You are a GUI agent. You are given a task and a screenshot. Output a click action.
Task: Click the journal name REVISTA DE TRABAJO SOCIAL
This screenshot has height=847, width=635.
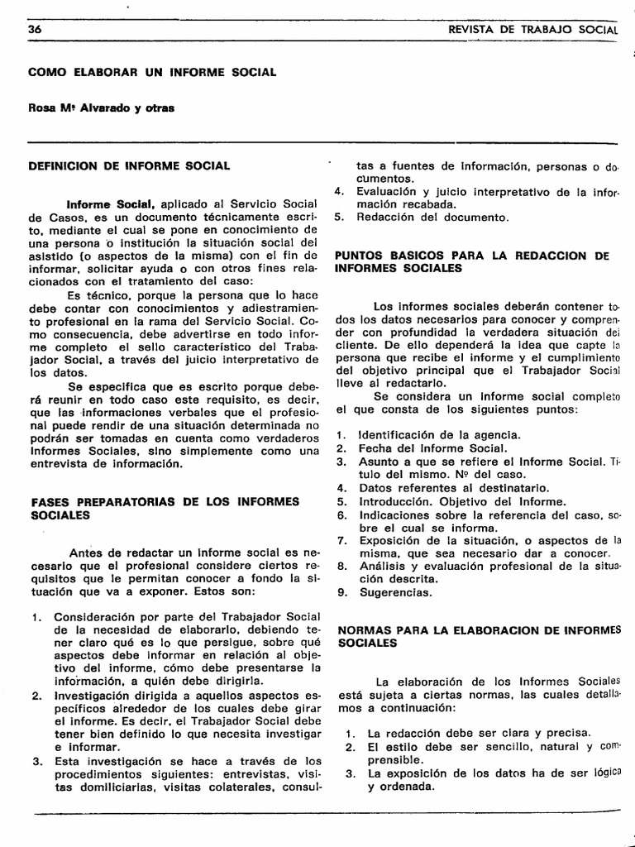pyautogui.click(x=532, y=30)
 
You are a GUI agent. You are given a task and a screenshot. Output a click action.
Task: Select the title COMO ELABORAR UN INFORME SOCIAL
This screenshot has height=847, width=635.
pyautogui.click(x=152, y=73)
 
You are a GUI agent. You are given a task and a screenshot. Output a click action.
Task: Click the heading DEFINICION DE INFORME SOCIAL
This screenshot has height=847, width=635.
pyautogui.click(x=129, y=165)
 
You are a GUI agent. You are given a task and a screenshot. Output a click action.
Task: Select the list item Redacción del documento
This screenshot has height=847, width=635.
pyautogui.click(x=433, y=218)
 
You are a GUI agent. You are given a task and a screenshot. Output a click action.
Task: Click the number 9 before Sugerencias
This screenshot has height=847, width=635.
pyautogui.click(x=341, y=592)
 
